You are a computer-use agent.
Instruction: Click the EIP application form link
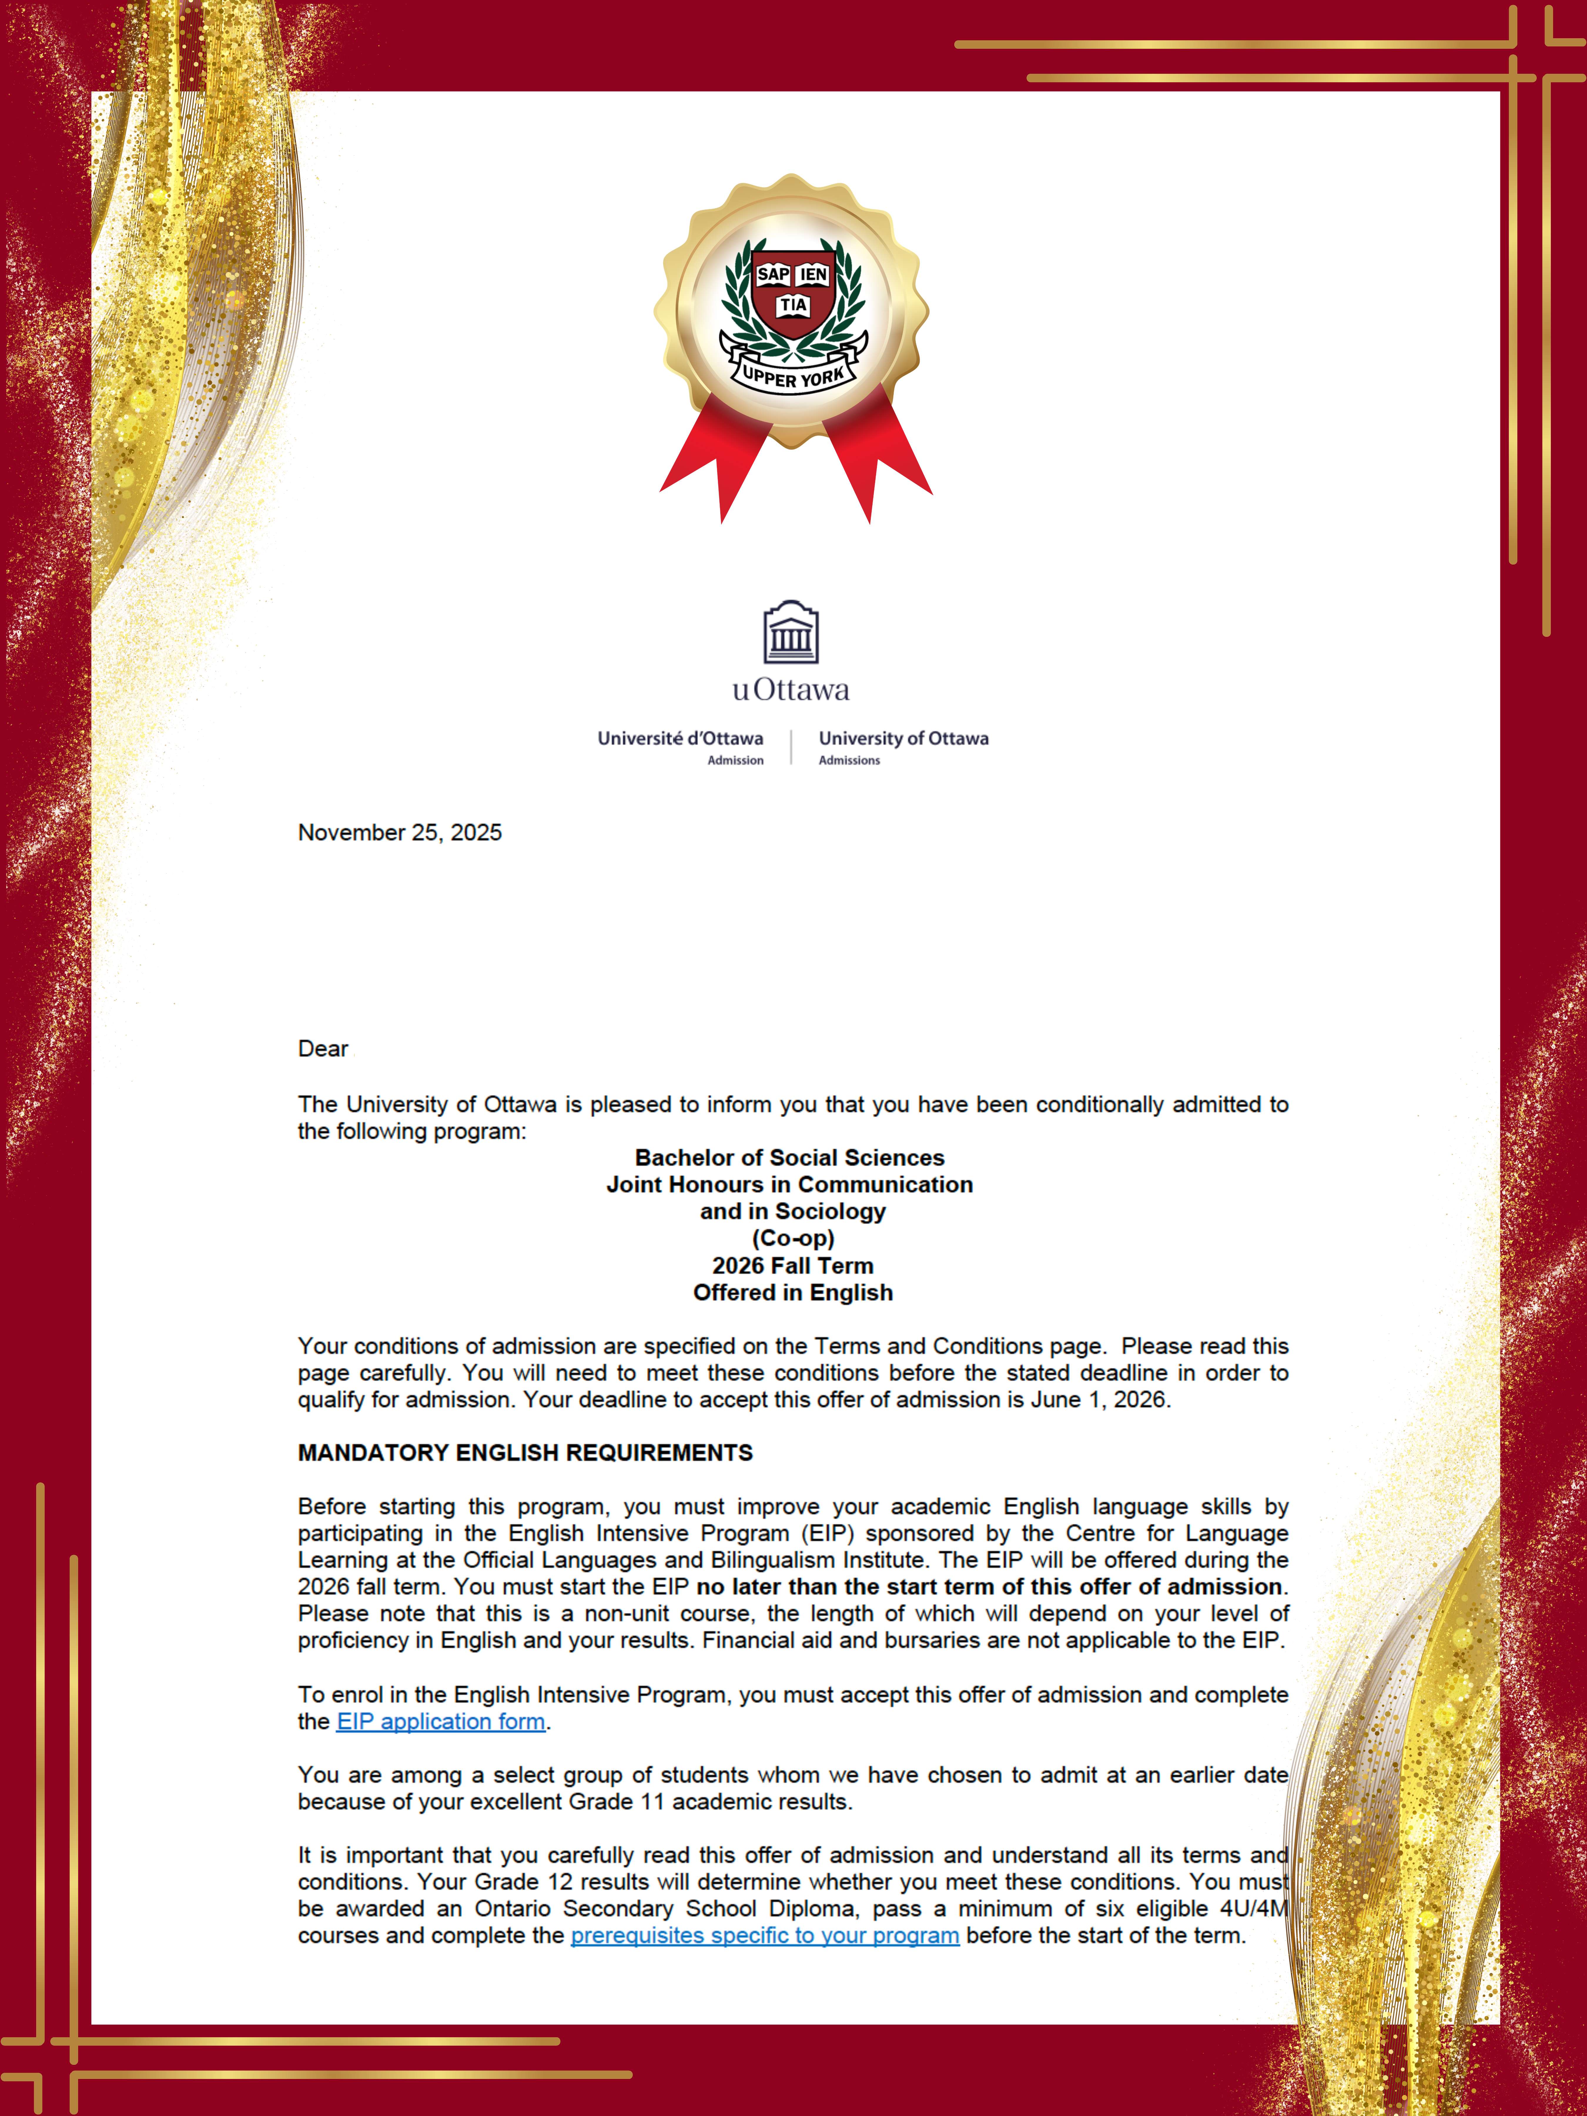click(441, 1721)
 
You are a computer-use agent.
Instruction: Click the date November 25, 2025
click(400, 832)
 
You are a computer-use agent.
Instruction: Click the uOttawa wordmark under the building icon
click(791, 690)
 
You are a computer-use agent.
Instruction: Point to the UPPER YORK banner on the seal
click(793, 375)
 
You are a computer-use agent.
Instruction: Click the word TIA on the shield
click(793, 305)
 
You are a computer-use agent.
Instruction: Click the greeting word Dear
click(323, 1048)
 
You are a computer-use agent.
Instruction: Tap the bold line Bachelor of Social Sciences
click(790, 1158)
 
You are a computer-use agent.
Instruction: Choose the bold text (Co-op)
click(793, 1238)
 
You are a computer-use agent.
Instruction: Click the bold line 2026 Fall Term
click(793, 1265)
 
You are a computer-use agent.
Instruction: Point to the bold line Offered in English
click(793, 1292)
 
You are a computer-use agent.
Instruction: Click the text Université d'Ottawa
click(680, 739)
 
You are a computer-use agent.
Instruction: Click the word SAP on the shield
click(773, 274)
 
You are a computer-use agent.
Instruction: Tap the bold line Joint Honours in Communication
click(790, 1184)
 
